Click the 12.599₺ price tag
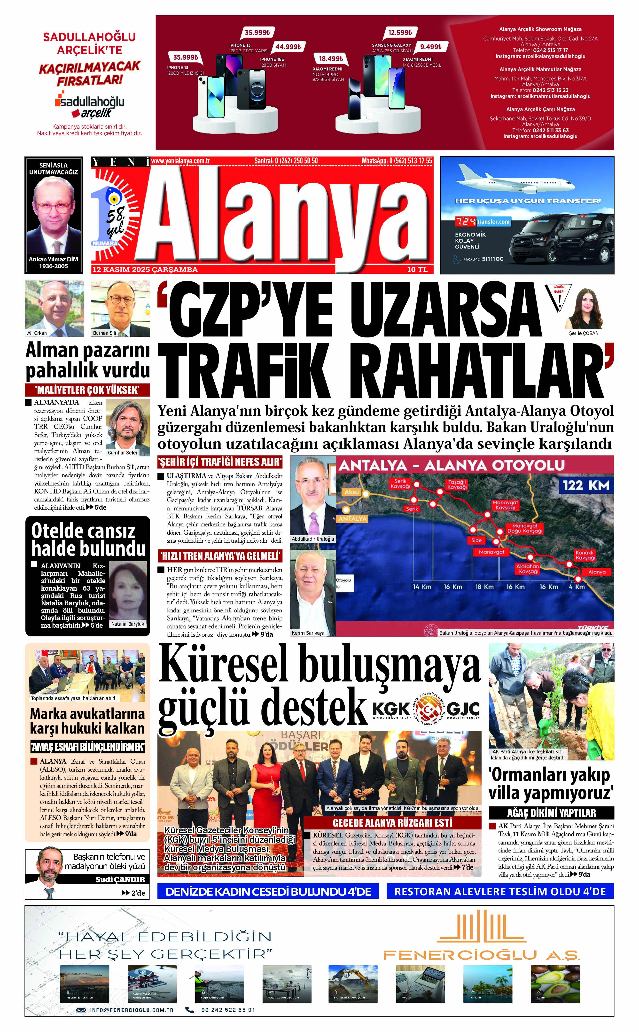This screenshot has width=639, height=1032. tap(400, 32)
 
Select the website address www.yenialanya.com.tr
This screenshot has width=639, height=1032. tap(180, 161)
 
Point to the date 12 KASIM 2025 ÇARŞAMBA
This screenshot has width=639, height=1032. tap(145, 270)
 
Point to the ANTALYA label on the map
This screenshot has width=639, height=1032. tap(352, 518)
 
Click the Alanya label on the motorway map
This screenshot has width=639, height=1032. tap(597, 572)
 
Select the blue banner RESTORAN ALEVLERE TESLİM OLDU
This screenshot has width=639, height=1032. tap(500, 892)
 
